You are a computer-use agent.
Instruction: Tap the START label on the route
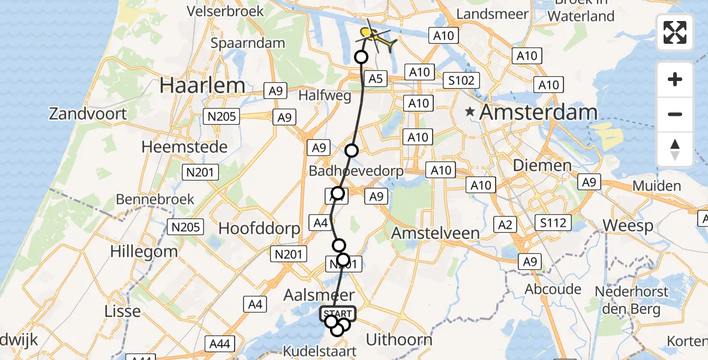click(338, 314)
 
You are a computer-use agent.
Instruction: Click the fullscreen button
click(675, 32)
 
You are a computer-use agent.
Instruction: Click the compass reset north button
click(675, 149)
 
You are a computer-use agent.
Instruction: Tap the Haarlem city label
click(202, 86)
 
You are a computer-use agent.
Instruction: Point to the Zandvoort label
click(88, 113)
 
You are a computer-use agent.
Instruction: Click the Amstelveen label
click(435, 233)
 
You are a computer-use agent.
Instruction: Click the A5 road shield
click(375, 79)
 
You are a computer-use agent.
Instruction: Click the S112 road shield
click(553, 224)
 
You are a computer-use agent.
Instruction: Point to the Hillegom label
click(144, 251)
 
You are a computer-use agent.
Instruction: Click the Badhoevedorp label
click(357, 172)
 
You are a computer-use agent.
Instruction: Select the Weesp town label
click(628, 226)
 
